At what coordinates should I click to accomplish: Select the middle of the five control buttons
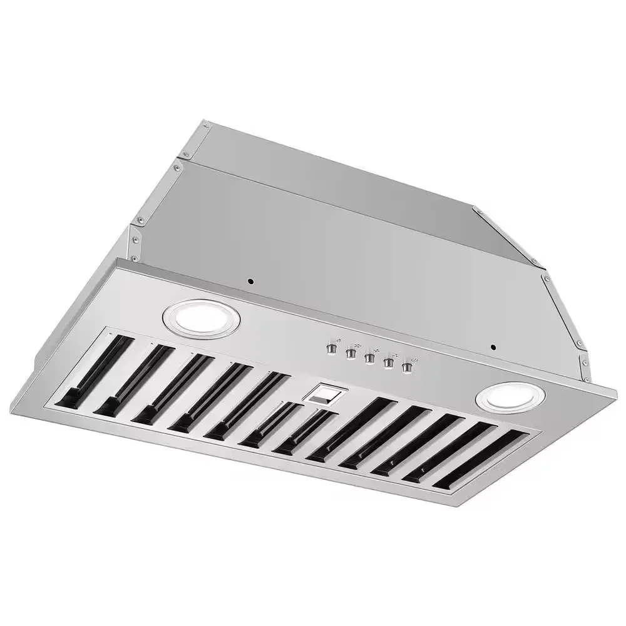370,359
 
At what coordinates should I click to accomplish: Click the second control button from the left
351,354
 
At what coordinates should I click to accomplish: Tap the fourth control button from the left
389,364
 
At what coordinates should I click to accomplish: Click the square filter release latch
323,394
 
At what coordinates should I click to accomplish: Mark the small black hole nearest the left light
250,282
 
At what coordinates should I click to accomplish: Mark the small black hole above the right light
493,347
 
